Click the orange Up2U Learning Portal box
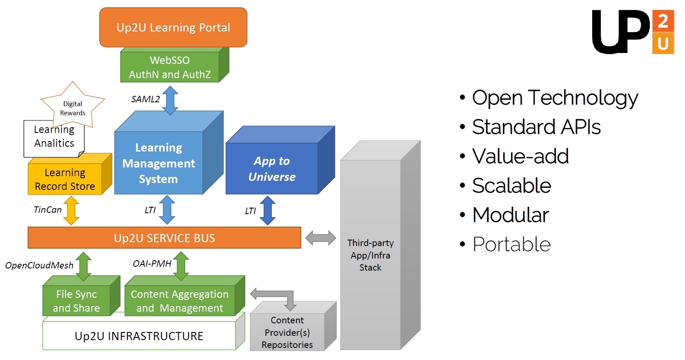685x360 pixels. pyautogui.click(x=173, y=27)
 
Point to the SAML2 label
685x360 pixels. pyautogui.click(x=145, y=99)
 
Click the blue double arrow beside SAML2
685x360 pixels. pyautogui.click(x=170, y=100)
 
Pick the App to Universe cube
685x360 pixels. pyautogui.click(x=280, y=160)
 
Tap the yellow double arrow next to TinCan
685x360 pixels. pyautogui.click(x=71, y=211)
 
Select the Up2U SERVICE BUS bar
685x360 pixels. pyautogui.click(x=164, y=238)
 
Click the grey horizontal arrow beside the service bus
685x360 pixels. pyautogui.click(x=320, y=238)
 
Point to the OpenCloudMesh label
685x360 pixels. pyautogui.click(x=39, y=265)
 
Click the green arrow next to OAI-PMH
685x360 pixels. pyautogui.click(x=181, y=266)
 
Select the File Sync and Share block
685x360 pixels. pyautogui.click(x=81, y=295)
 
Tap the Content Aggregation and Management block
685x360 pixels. pyautogui.click(x=185, y=295)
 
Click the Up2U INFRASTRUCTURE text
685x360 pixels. pyautogui.click(x=139, y=336)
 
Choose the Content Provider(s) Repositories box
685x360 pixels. pyautogui.click(x=293, y=326)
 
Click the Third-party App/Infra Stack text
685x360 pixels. pyautogui.click(x=370, y=255)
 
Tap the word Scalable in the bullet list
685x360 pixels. pyautogui.click(x=511, y=185)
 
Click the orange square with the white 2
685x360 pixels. pyautogui.click(x=663, y=21)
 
